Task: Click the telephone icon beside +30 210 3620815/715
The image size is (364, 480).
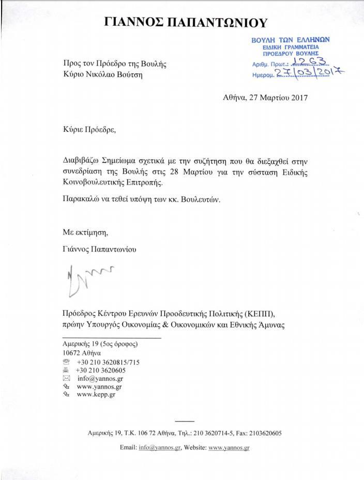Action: [66, 362]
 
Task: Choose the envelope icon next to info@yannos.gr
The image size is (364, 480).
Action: [66, 378]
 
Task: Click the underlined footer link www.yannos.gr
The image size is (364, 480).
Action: [229, 447]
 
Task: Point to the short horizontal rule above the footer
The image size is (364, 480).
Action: [185, 421]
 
